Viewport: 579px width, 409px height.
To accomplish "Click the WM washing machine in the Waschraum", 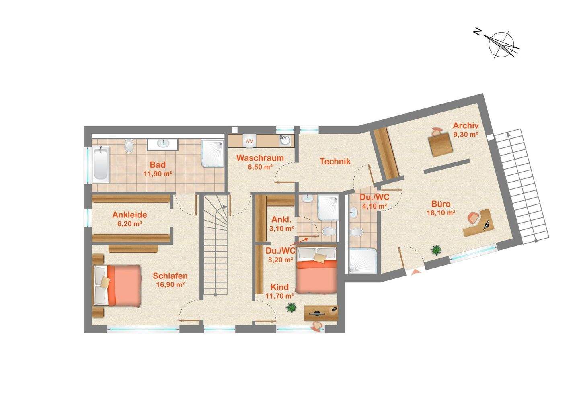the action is (x=249, y=141).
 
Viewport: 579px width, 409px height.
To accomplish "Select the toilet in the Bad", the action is (x=129, y=146).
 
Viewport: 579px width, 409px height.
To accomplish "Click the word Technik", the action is (x=335, y=162).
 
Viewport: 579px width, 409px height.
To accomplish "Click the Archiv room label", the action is (x=466, y=125).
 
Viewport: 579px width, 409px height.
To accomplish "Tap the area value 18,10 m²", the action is (x=441, y=213).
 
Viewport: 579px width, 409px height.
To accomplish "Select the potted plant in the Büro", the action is (x=436, y=250).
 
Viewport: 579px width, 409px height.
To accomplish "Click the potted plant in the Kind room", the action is (x=291, y=307).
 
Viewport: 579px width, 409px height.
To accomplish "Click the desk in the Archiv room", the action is (x=441, y=145).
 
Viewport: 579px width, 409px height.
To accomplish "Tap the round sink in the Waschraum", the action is (x=285, y=141).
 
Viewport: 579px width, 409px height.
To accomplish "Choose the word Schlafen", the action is (x=170, y=276).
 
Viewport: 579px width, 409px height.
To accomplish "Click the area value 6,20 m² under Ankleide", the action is (x=129, y=224).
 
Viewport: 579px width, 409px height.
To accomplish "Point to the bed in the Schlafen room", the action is (x=117, y=286).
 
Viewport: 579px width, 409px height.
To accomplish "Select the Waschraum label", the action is (x=260, y=158).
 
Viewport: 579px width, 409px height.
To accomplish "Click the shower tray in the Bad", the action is (x=213, y=153).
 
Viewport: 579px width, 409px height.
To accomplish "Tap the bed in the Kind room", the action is (x=317, y=270).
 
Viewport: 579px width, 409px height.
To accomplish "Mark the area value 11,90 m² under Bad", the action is (x=158, y=174).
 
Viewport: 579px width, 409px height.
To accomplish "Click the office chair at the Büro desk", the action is (x=474, y=218).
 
